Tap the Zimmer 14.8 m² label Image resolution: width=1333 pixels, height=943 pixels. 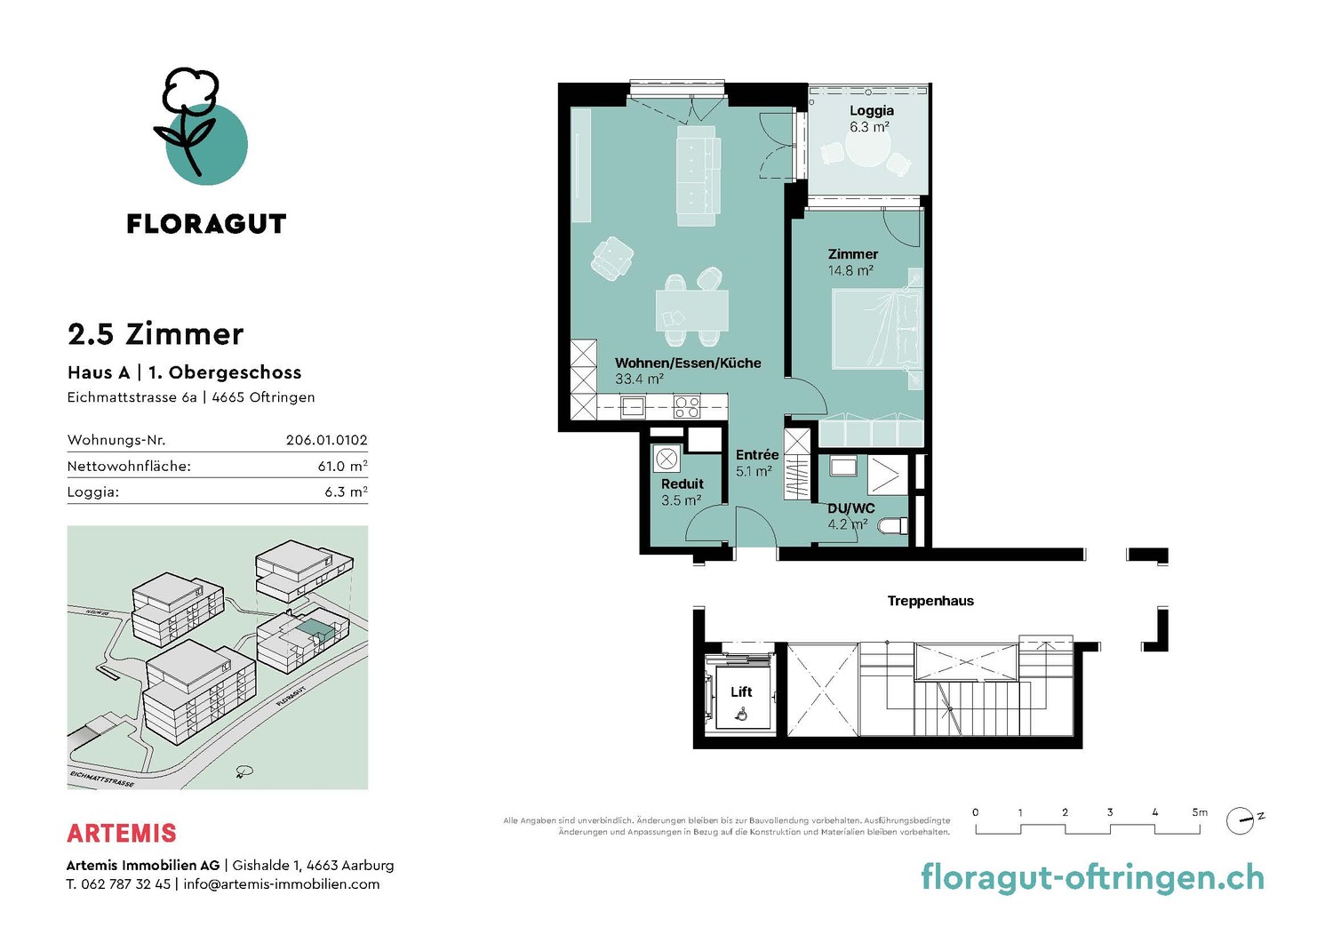(x=852, y=262)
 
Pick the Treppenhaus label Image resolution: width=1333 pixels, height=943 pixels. (x=930, y=601)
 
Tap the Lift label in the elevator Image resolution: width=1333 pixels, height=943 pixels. (x=741, y=691)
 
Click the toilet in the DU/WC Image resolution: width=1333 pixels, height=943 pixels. (x=893, y=525)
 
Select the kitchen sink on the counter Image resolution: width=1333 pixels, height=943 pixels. (x=632, y=406)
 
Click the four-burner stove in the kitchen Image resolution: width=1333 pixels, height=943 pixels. (x=687, y=406)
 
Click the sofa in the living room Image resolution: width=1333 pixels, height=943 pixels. (x=698, y=175)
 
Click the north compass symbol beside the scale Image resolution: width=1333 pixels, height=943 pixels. (x=1241, y=820)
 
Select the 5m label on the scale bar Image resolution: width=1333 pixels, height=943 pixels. (x=1200, y=812)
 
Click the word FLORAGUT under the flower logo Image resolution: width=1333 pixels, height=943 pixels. (x=206, y=224)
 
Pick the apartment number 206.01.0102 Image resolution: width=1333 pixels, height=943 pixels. (x=327, y=440)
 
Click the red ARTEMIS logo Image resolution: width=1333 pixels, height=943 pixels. (x=122, y=834)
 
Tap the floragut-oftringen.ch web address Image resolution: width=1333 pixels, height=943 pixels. (x=1092, y=878)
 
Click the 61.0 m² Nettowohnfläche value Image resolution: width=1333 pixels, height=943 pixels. (x=342, y=466)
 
